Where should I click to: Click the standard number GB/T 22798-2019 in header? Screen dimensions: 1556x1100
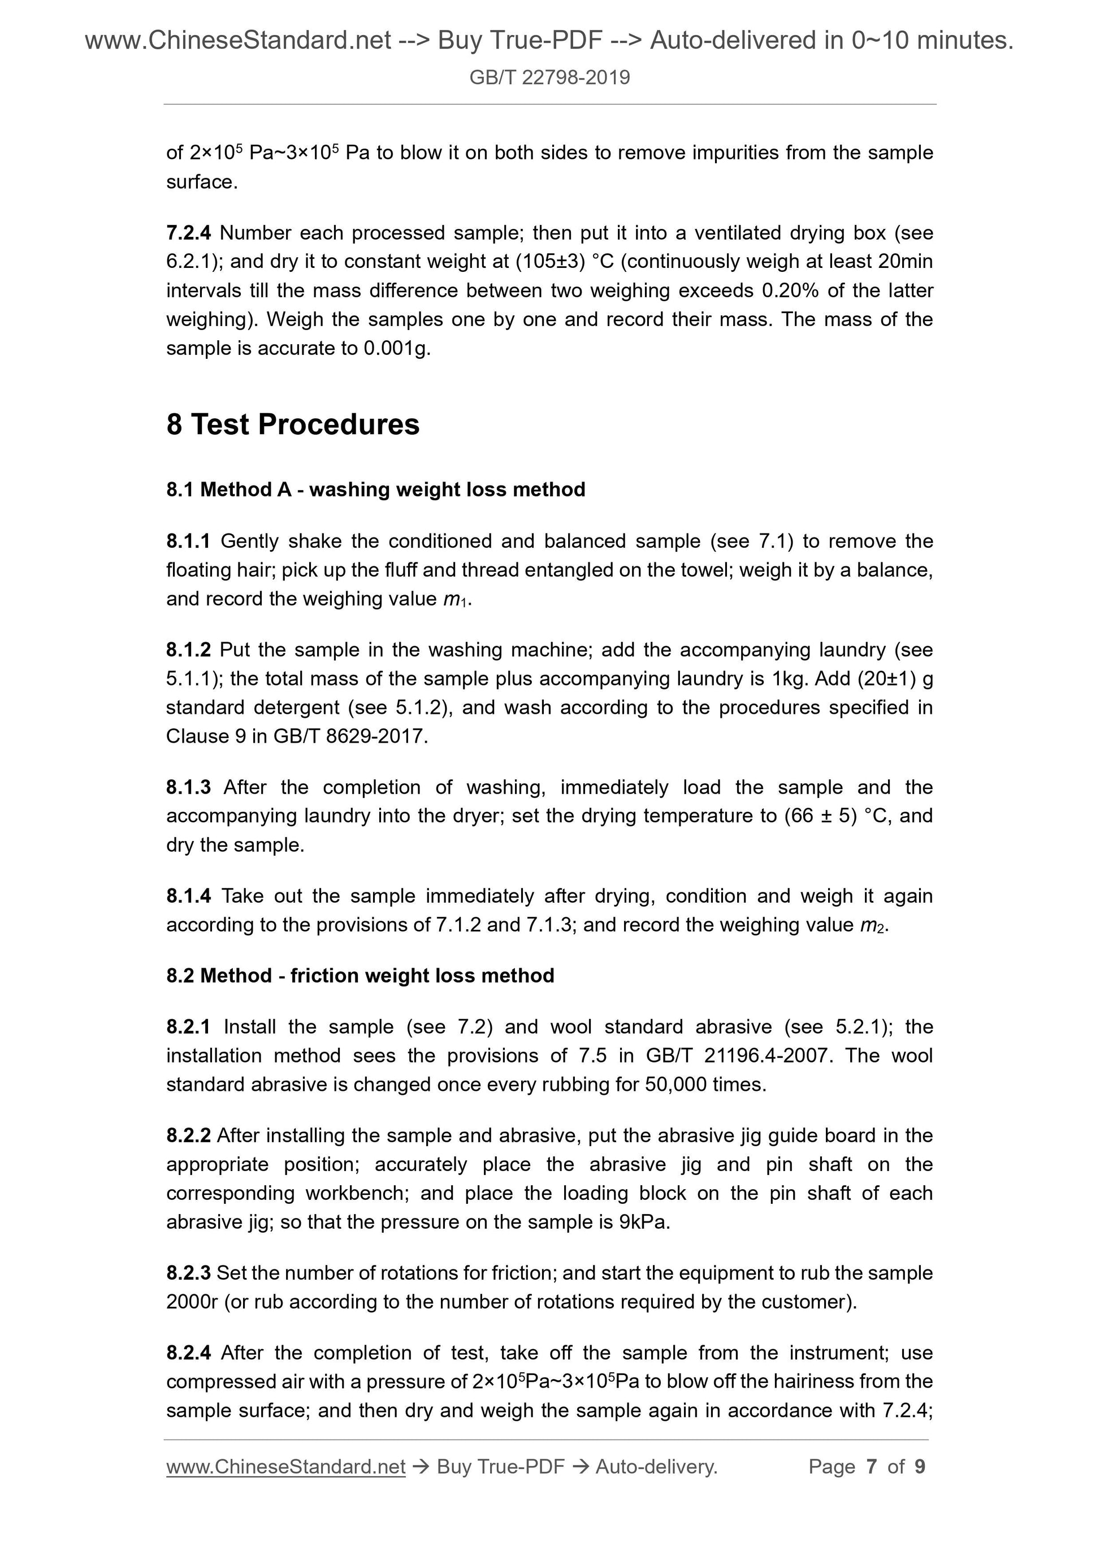(x=549, y=77)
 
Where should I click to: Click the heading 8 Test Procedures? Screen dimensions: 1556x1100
(x=293, y=425)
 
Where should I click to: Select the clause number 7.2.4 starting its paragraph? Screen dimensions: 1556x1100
(x=188, y=233)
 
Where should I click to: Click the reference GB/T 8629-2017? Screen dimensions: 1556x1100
(x=350, y=736)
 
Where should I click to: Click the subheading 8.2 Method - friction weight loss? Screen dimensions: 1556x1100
(x=360, y=976)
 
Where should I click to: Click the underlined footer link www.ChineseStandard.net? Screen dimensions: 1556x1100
(x=285, y=1467)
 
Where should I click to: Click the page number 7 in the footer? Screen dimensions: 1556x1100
(x=871, y=1467)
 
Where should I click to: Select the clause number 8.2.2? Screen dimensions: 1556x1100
(x=188, y=1136)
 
